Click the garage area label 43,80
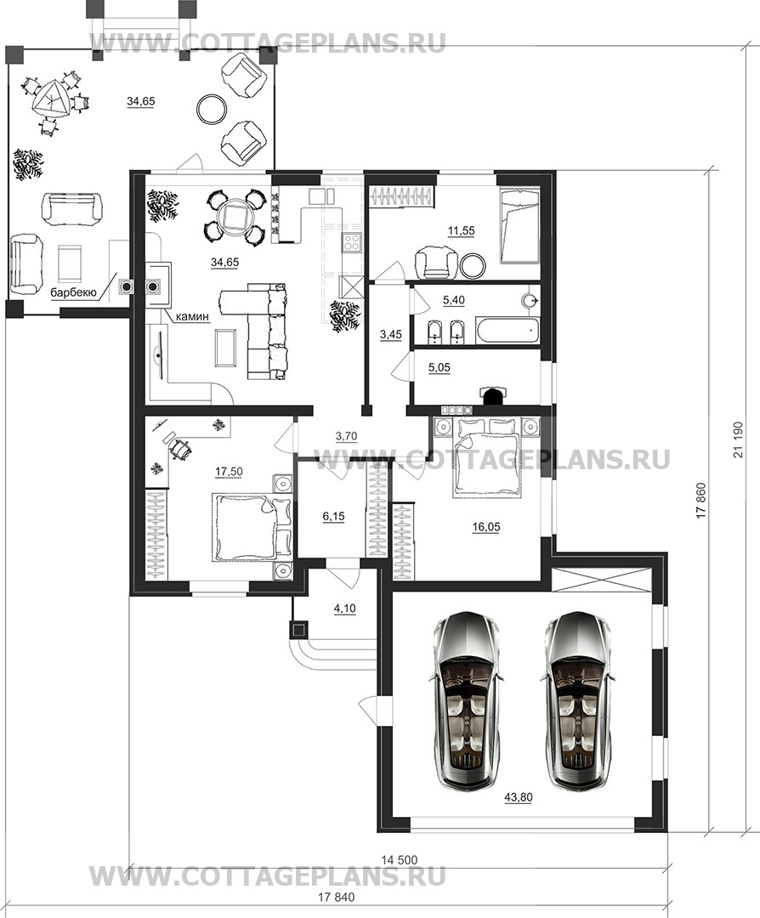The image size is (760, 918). pyautogui.click(x=518, y=797)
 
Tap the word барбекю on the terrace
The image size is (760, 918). pyautogui.click(x=72, y=292)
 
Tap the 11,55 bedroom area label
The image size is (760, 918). pyautogui.click(x=461, y=230)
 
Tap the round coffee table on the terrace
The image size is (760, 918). pyautogui.click(x=213, y=108)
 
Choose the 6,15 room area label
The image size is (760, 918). pyautogui.click(x=334, y=516)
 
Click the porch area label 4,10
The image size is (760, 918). pyautogui.click(x=345, y=609)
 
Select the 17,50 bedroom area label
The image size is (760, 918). pyautogui.click(x=229, y=471)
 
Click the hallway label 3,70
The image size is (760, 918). pyautogui.click(x=346, y=436)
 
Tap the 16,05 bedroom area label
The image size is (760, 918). pyautogui.click(x=486, y=527)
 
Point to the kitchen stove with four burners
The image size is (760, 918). pyautogui.click(x=353, y=241)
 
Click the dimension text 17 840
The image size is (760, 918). pyautogui.click(x=337, y=897)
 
